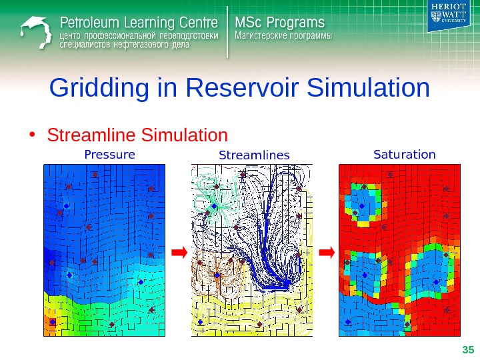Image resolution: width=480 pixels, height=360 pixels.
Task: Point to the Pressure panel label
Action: (x=109, y=155)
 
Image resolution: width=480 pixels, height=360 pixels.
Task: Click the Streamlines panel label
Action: (x=254, y=155)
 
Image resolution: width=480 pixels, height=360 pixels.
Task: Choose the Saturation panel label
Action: (x=404, y=155)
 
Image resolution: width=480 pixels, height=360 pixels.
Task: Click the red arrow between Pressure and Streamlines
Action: (x=178, y=252)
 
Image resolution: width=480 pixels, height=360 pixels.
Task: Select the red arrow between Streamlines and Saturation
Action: (x=326, y=252)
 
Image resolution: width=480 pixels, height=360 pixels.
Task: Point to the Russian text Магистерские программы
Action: (x=284, y=36)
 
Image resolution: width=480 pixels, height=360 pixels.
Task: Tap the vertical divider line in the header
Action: (x=229, y=31)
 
